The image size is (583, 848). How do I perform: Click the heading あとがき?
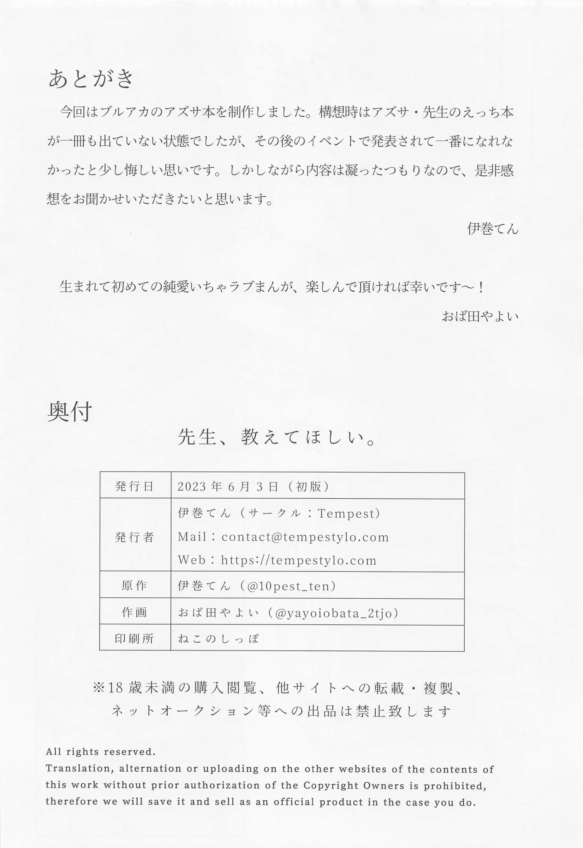[x=91, y=79]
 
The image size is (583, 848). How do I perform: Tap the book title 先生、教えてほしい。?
[x=277, y=437]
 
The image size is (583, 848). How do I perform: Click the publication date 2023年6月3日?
[x=228, y=487]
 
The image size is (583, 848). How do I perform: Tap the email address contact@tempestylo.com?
[x=305, y=537]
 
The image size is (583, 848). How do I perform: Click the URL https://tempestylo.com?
[x=298, y=560]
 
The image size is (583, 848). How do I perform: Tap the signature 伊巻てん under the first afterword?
[x=492, y=229]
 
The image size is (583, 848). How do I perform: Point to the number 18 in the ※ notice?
[x=116, y=688]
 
